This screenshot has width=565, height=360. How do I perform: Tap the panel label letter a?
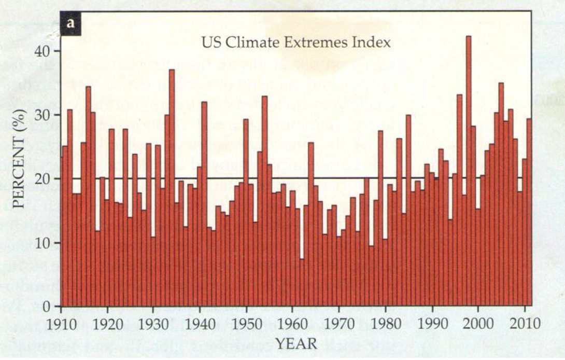tap(70, 24)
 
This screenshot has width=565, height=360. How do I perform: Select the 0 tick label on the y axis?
tap(48, 307)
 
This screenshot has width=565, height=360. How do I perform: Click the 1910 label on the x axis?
tap(62, 324)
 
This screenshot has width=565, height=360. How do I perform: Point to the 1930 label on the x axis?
tap(154, 324)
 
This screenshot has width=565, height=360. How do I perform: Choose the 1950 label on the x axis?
tap(246, 324)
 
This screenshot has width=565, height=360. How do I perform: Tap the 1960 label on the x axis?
tap(292, 324)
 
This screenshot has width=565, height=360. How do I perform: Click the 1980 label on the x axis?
tap(385, 324)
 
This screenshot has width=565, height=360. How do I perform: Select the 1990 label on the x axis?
tap(431, 324)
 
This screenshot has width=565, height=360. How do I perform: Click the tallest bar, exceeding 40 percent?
tap(469, 171)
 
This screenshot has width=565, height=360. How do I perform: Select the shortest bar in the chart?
tap(302, 283)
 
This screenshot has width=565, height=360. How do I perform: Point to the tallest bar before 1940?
tap(172, 187)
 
